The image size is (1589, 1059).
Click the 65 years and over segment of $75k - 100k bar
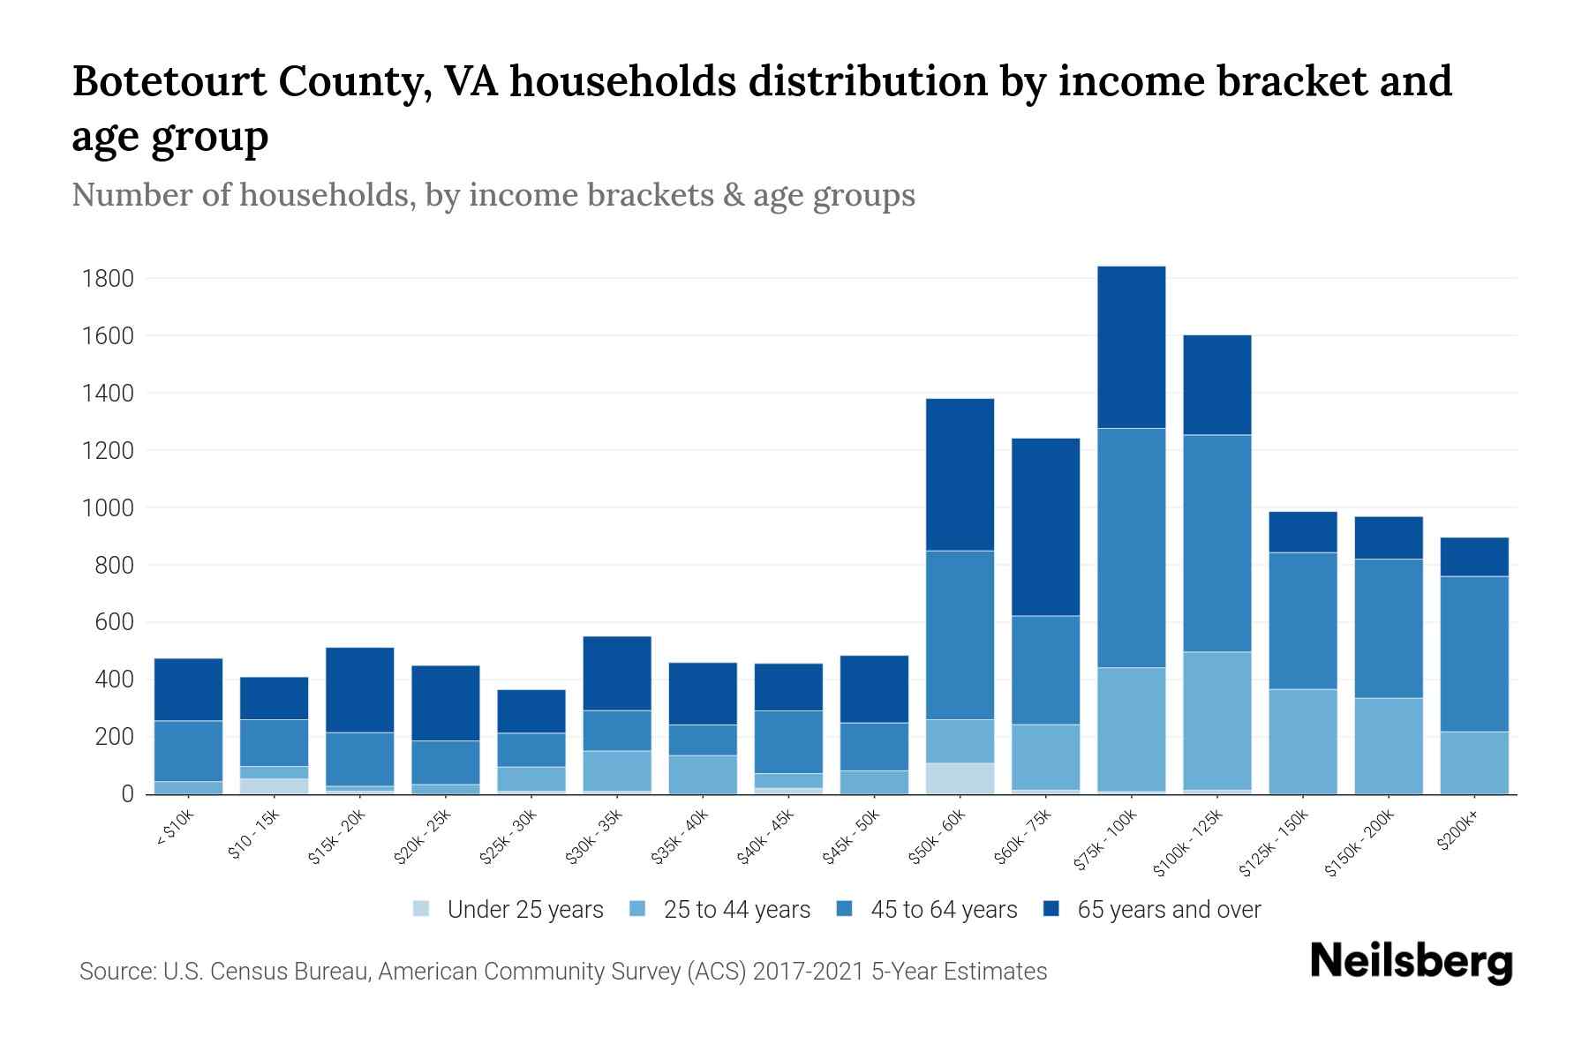coord(1131,347)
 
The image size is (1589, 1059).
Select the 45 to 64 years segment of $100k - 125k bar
coord(1216,543)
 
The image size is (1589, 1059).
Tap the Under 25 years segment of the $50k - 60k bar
coord(960,778)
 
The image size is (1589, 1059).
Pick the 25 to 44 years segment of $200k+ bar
coord(1473,762)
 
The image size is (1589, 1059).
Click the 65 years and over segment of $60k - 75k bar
coord(1045,527)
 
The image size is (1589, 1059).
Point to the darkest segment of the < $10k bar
coord(188,689)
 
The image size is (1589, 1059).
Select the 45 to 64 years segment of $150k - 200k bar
coord(1388,628)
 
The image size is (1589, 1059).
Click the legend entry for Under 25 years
coord(508,909)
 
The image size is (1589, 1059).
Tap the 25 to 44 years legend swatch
coord(638,909)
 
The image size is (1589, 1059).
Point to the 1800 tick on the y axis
coord(108,279)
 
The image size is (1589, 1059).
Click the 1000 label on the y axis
coord(108,508)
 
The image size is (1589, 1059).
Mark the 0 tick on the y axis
coord(127,794)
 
